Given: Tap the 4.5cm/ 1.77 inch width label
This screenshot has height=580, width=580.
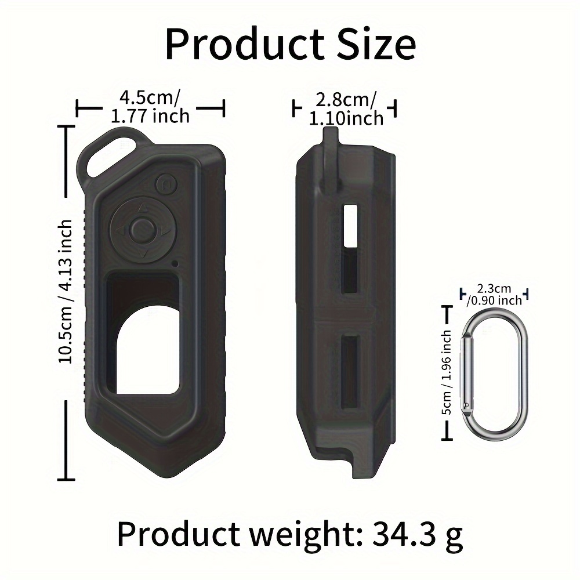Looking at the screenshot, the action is click(x=150, y=107).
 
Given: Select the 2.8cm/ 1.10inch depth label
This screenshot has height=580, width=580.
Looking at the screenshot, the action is click(x=346, y=109).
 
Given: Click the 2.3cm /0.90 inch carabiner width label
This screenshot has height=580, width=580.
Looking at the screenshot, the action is click(x=495, y=295).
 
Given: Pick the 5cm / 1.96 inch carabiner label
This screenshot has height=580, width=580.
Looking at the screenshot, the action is click(x=447, y=372).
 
